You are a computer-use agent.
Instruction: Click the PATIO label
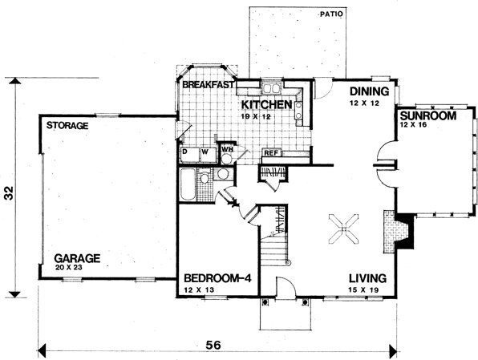tap(332, 14)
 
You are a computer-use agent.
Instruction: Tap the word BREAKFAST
tap(209, 84)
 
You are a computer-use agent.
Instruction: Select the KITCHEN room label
tap(267, 104)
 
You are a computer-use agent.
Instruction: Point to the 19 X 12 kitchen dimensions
tap(256, 116)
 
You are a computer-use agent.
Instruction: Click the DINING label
tap(369, 91)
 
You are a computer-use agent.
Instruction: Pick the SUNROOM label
tap(428, 115)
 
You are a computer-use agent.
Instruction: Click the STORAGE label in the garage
tap(67, 126)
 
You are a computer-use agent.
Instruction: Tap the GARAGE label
tap(77, 258)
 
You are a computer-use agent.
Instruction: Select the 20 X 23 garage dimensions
tap(69, 268)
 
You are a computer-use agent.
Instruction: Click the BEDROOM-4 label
tap(217, 278)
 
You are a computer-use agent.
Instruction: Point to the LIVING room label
tap(367, 278)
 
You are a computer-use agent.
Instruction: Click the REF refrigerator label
tap(271, 153)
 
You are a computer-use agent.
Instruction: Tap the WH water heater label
tap(227, 149)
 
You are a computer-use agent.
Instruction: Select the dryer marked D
tap(189, 156)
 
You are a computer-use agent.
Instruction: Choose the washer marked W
tap(208, 156)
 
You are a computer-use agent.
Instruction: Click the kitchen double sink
tap(272, 88)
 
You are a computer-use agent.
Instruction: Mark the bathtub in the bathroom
tap(187, 184)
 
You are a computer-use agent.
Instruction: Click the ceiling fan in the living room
tap(343, 229)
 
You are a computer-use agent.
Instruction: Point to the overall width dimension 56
tap(213, 346)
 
